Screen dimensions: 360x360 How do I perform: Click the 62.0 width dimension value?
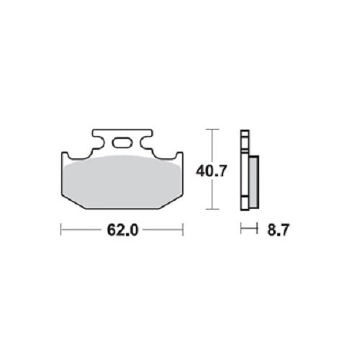click(x=122, y=230)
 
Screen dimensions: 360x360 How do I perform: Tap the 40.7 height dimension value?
click(x=211, y=171)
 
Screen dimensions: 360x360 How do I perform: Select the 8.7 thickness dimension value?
click(x=279, y=230)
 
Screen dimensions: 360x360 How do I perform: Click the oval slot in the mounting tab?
click(x=123, y=143)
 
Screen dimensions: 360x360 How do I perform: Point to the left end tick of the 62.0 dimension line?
click(x=61, y=230)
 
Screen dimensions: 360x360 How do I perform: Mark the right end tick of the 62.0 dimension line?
click(x=183, y=230)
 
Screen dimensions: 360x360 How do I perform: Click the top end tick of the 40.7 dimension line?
click(x=212, y=130)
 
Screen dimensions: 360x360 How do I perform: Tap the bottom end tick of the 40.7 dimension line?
click(x=212, y=209)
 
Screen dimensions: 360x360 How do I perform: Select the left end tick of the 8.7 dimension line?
click(x=241, y=228)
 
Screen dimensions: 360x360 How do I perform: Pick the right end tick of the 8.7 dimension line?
click(x=257, y=228)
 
